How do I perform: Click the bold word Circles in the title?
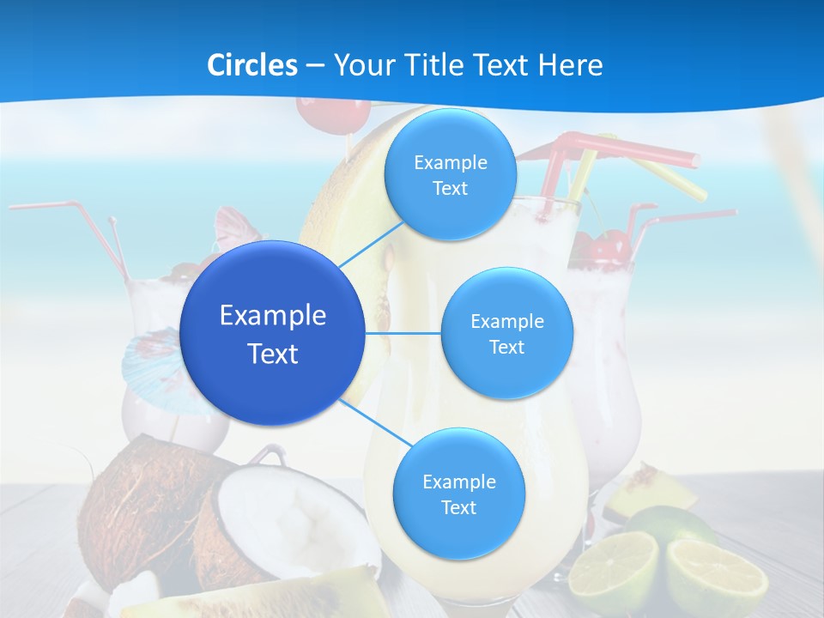pyautogui.click(x=252, y=64)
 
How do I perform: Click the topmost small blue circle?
pyautogui.click(x=450, y=174)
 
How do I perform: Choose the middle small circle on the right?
pyautogui.click(x=506, y=333)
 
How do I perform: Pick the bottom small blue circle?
pyautogui.click(x=458, y=494)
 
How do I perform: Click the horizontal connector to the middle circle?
pyautogui.click(x=403, y=333)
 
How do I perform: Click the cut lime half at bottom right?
pyautogui.click(x=717, y=577)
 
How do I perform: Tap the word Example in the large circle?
pyautogui.click(x=273, y=316)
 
